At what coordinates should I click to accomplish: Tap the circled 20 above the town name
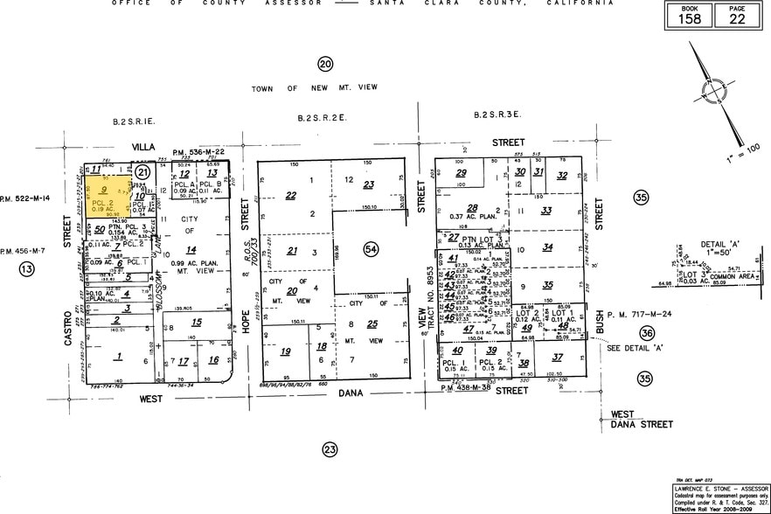[325, 64]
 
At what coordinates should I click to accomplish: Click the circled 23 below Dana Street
[330, 450]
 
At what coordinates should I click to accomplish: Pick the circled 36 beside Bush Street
[646, 333]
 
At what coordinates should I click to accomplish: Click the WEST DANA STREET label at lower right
[641, 420]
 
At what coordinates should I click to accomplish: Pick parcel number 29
[461, 174]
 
